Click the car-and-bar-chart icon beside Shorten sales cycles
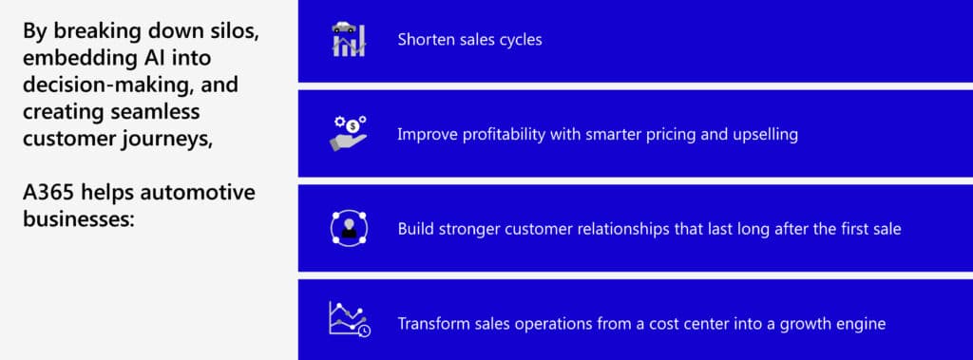(x=349, y=39)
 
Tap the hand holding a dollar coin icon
(x=348, y=133)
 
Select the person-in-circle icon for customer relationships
(x=349, y=228)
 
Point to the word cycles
(x=522, y=40)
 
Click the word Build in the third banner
(x=416, y=229)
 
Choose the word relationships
(x=623, y=229)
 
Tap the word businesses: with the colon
(x=79, y=219)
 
